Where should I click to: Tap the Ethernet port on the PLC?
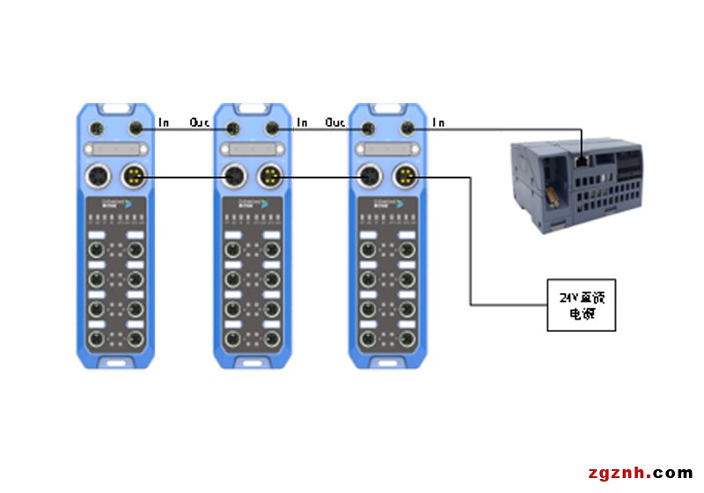point(582,162)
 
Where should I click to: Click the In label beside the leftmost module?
point(164,122)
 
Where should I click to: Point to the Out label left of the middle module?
point(200,122)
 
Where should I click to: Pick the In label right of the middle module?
point(302,122)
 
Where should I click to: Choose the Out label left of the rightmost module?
point(335,122)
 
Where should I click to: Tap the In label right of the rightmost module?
point(438,122)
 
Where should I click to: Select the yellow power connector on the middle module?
point(269,177)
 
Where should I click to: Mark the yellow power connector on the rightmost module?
point(406,177)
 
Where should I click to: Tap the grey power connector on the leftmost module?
point(99,177)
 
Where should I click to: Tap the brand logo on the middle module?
point(253,204)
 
